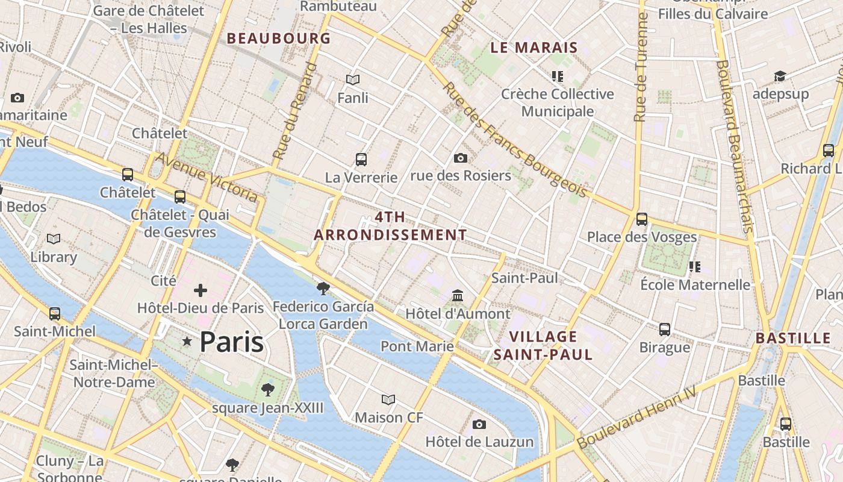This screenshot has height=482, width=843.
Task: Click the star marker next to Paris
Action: tap(187, 342)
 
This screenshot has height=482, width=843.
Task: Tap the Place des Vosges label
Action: tap(642, 237)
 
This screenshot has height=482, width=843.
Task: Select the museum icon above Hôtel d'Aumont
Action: tap(458, 296)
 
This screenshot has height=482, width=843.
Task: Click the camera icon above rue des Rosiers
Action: tap(461, 158)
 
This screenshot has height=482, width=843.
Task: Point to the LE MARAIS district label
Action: tap(534, 48)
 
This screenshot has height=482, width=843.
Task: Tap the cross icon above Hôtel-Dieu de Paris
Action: tap(201, 291)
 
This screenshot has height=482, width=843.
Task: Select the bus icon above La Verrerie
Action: tap(361, 160)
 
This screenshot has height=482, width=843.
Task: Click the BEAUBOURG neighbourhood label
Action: tap(279, 39)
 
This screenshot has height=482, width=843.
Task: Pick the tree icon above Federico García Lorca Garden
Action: tap(323, 288)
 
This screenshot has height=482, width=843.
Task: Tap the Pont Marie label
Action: tap(417, 346)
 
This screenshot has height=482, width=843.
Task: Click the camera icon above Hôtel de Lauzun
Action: tap(479, 424)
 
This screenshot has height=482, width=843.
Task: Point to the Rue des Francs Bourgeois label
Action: tap(515, 140)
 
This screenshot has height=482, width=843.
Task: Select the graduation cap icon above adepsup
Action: tap(780, 77)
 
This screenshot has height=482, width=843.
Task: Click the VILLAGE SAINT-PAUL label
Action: tap(543, 345)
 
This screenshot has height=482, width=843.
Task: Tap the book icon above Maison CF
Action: tap(388, 399)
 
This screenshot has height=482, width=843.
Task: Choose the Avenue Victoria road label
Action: tap(207, 177)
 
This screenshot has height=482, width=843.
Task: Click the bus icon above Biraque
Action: tap(665, 330)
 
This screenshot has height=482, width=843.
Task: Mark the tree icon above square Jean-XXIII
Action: tap(268, 390)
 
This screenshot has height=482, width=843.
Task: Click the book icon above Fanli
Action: tap(353, 80)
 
